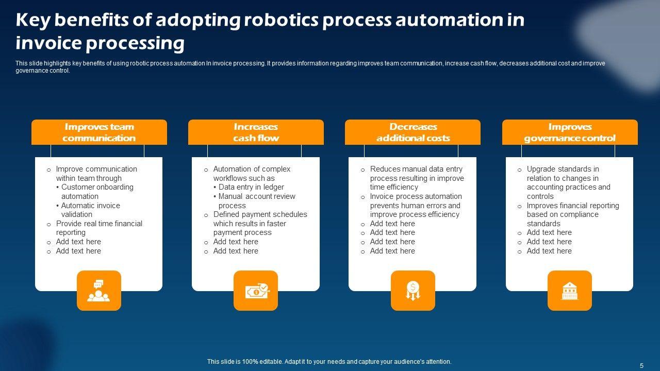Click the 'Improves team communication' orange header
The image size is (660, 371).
point(99,132)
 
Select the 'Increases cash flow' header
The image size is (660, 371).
point(256,132)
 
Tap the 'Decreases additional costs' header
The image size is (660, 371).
point(412,132)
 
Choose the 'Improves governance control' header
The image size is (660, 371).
point(570,132)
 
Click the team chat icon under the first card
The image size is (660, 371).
point(98,291)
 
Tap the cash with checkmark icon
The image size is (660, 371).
point(256,291)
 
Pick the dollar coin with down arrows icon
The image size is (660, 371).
point(412,291)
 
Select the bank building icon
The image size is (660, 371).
point(569,291)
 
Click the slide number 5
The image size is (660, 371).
point(641,366)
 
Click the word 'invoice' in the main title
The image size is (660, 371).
point(48,43)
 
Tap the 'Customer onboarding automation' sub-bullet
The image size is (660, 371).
point(96,192)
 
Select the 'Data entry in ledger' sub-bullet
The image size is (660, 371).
point(251,187)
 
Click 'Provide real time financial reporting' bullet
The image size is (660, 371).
point(98,228)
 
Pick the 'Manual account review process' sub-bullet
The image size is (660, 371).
point(256,201)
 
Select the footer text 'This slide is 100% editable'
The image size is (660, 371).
point(329,362)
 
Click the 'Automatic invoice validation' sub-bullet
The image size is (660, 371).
point(90,210)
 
